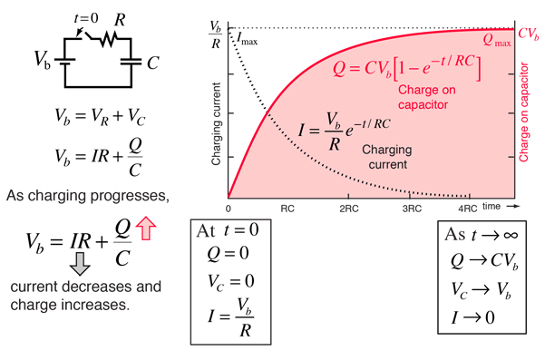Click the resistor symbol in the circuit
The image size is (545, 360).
[x=109, y=39]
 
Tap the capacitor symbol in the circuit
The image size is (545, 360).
[x=131, y=62]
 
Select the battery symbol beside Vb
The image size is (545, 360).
[x=65, y=62]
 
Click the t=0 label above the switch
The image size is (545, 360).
[x=86, y=18]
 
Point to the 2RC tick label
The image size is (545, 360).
[x=349, y=209]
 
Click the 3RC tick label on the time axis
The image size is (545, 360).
[x=412, y=209]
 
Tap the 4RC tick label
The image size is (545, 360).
[x=468, y=209]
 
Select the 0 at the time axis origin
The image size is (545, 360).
[x=228, y=209]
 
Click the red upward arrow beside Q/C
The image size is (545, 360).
[x=146, y=228]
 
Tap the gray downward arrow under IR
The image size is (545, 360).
[x=80, y=264]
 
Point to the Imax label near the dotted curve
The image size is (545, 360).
[x=248, y=39]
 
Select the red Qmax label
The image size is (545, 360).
[x=497, y=41]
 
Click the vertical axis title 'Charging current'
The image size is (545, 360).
[x=216, y=124]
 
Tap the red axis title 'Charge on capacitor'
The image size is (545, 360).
[x=523, y=112]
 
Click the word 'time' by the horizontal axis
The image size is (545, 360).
[x=491, y=206]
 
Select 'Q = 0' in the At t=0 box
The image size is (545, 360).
[x=229, y=253]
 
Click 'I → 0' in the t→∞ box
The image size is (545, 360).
[x=472, y=317]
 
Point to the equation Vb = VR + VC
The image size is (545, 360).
[x=100, y=117]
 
